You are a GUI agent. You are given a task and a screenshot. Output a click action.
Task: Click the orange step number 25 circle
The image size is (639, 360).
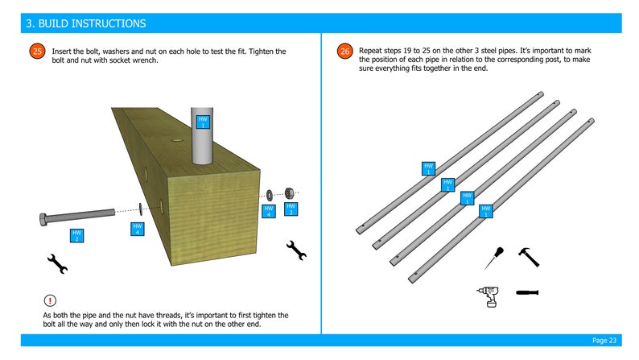pos(37,52)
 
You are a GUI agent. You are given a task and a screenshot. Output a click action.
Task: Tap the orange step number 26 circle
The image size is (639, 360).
pos(344,52)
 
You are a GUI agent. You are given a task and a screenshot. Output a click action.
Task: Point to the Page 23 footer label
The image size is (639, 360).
pos(604,340)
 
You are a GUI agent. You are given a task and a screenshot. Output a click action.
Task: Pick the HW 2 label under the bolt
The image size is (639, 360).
pos(77,236)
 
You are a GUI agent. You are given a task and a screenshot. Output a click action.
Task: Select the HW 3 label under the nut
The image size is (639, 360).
pos(291,209)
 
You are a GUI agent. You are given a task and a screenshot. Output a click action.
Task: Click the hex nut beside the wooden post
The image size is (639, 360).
pos(286,192)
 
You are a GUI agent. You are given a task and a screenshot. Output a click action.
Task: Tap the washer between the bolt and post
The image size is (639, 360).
pos(141,209)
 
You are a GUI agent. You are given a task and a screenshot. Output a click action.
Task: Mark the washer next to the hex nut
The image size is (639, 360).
pos(270,194)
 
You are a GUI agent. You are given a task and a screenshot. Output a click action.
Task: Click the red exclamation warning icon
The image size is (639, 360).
pos(50,300)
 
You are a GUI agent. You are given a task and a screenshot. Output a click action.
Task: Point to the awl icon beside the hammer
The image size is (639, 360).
pos(493,259)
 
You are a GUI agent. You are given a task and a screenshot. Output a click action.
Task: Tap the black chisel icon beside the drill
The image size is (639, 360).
pos(527,292)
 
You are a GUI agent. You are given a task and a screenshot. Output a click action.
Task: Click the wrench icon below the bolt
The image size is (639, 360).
pos(57,263)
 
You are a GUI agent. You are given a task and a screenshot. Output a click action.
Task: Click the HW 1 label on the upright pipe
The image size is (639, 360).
pos(203,122)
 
